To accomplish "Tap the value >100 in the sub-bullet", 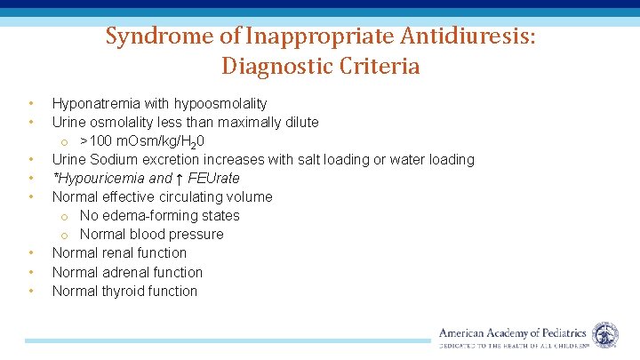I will point(96,141).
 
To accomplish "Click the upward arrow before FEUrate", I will point(179,178).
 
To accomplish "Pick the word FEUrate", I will point(214,179).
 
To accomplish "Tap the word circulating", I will point(187,197).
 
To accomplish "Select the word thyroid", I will point(123,291).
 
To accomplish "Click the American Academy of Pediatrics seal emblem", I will point(605,335).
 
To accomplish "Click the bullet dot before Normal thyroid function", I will point(31,291).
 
